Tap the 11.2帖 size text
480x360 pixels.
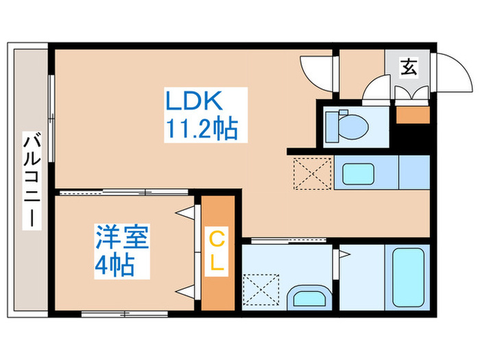point(201,128)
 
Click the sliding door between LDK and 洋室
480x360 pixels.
point(123,193)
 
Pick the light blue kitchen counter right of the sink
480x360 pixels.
point(414,171)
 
